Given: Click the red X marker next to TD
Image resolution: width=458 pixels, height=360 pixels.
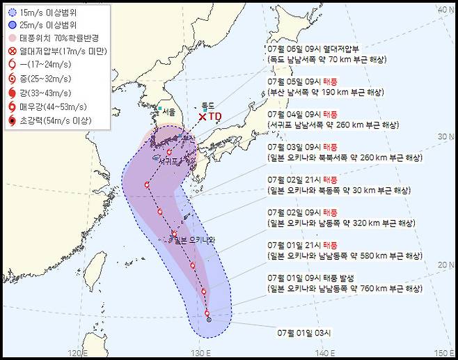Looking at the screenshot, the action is pos(203,117).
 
